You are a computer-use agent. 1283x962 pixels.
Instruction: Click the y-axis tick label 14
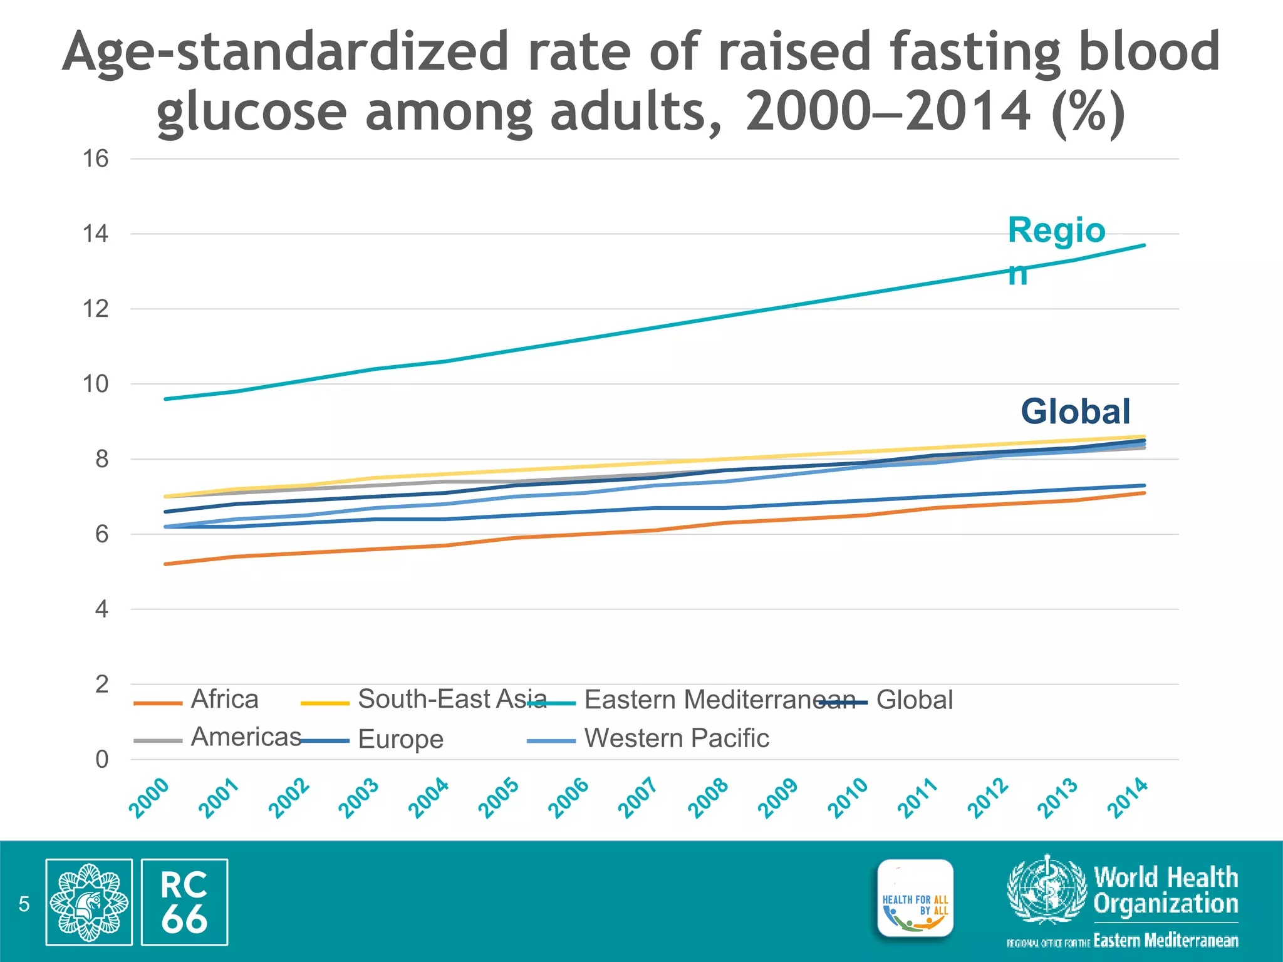(95, 234)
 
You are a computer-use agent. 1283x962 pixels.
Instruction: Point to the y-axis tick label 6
(101, 535)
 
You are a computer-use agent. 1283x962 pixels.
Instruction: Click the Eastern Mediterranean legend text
(719, 700)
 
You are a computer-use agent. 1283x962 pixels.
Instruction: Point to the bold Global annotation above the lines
(1076, 411)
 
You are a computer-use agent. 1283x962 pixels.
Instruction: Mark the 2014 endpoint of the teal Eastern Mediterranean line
(1145, 245)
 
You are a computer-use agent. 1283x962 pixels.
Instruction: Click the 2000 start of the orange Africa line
(165, 564)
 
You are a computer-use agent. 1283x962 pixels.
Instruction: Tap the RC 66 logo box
(184, 902)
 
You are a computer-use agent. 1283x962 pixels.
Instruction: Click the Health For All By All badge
(915, 898)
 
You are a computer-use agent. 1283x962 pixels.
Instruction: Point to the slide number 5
(24, 904)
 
